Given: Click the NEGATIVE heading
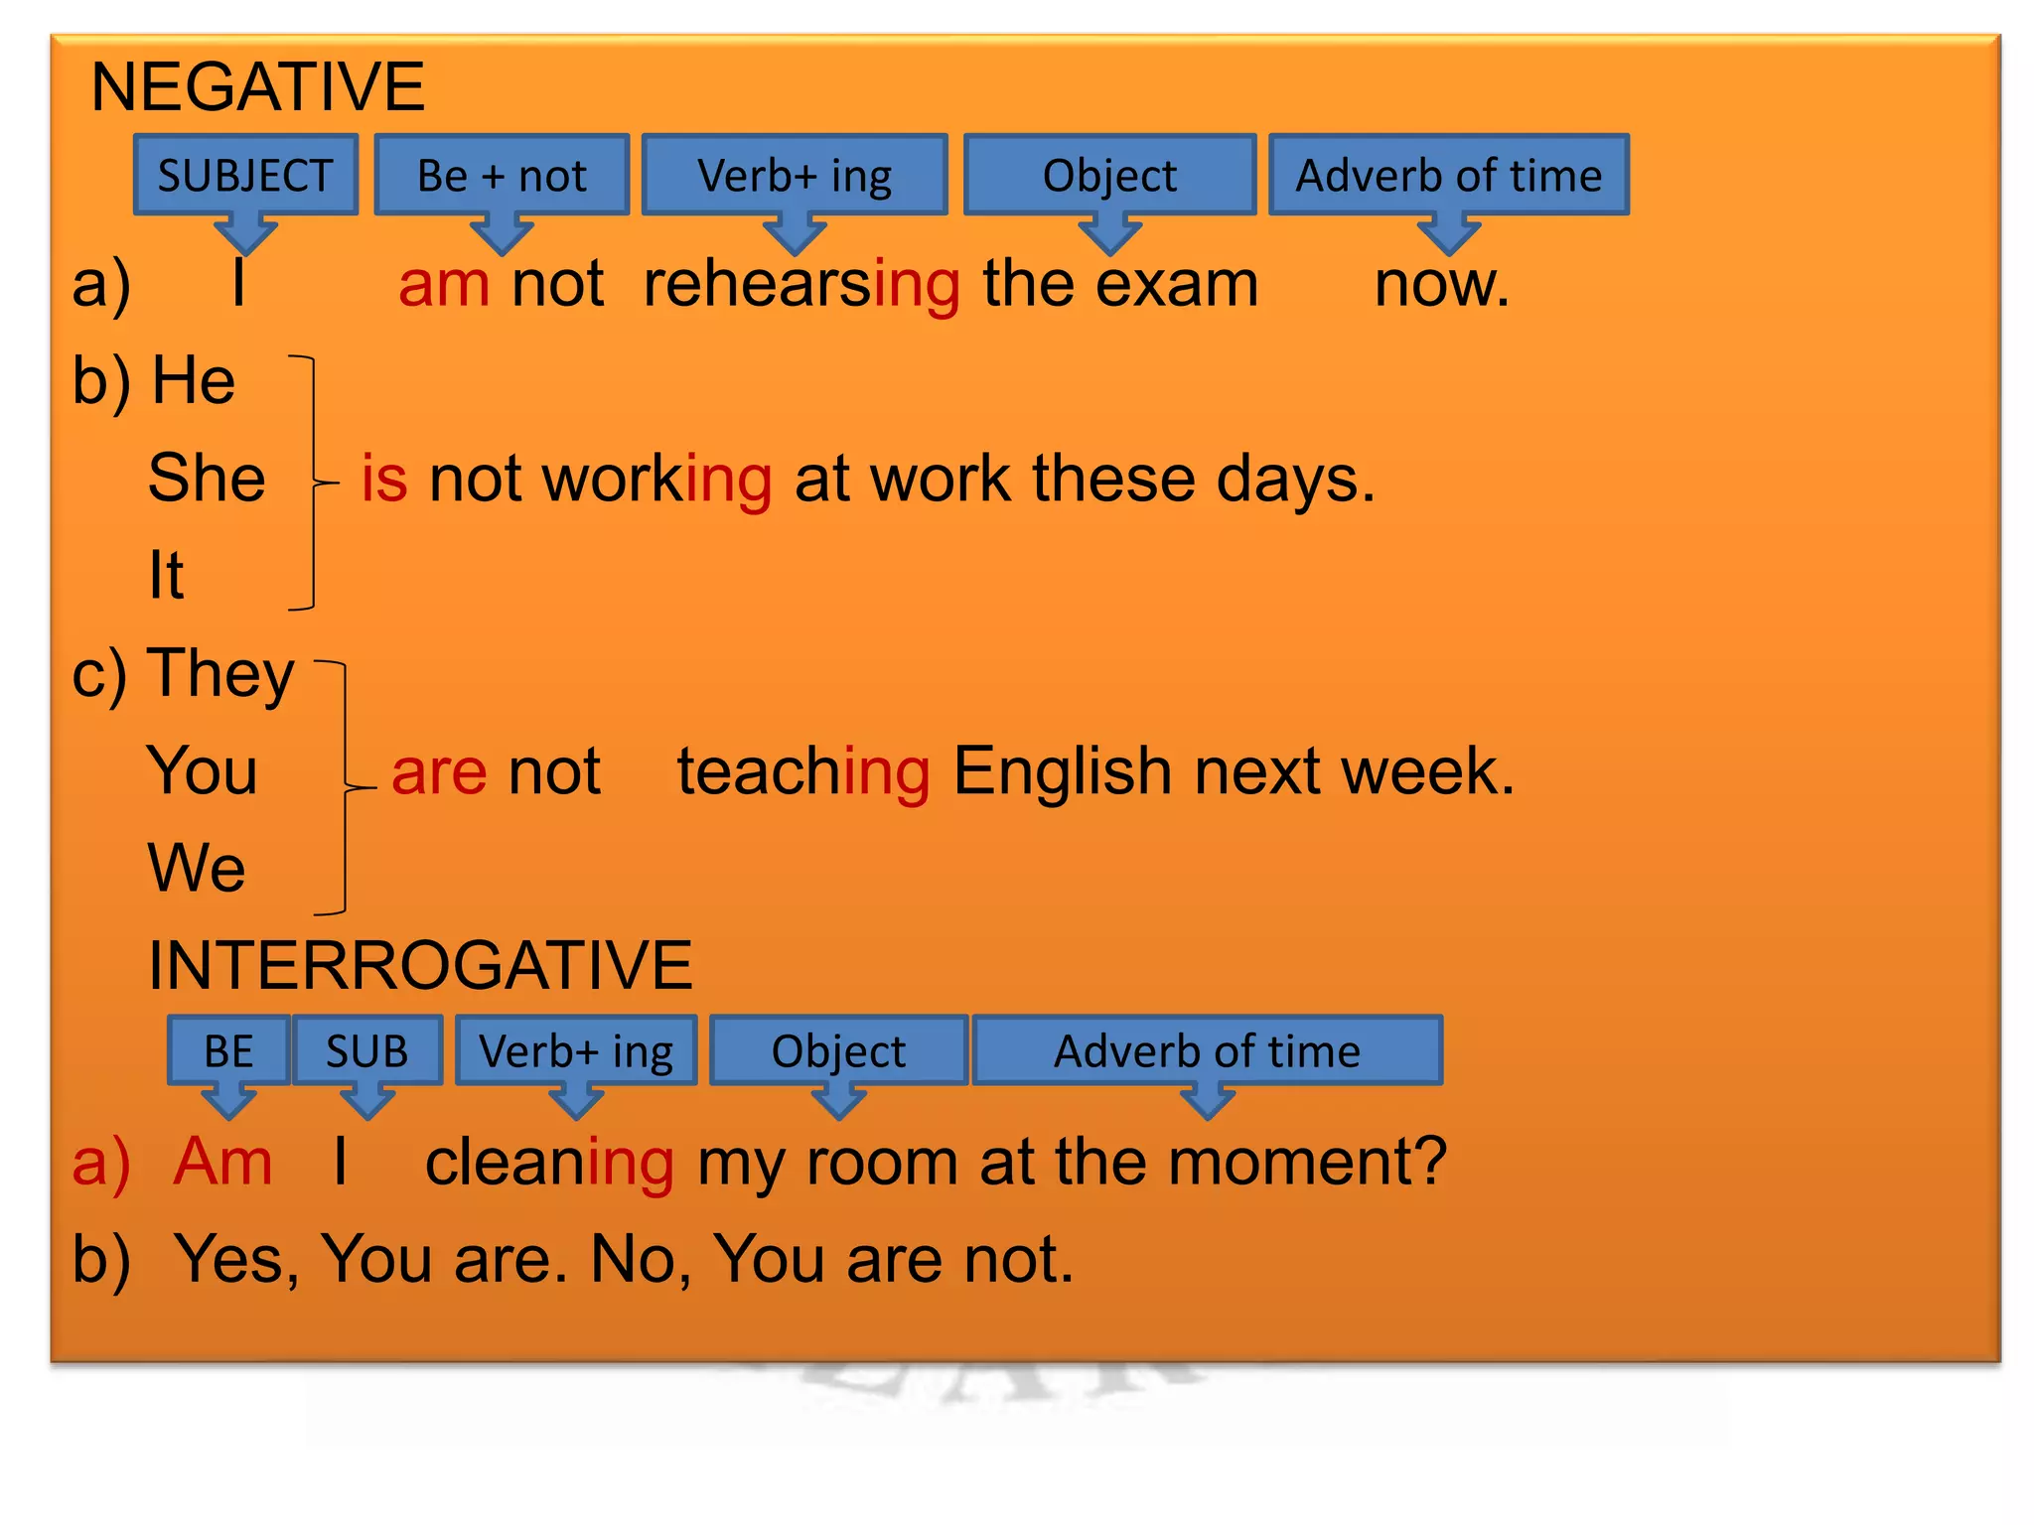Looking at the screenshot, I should [257, 87].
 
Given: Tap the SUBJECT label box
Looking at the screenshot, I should [245, 176].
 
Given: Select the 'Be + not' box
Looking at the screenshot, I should [502, 176].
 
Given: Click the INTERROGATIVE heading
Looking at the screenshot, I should [420, 965].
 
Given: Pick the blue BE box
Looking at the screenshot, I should [228, 1050].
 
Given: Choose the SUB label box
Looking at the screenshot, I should [367, 1050].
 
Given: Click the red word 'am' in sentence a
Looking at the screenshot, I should [444, 285].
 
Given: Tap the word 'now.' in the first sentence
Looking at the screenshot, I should [1441, 285].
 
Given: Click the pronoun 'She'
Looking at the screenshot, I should [207, 479].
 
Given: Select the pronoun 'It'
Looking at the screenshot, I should [166, 575].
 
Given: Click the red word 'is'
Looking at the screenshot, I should [384, 479].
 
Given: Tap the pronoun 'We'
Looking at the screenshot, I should [197, 868].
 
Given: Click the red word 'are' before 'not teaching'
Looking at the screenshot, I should [439, 772].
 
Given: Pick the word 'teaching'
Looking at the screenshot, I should [803, 772].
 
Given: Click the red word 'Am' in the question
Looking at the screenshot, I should [222, 1162].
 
